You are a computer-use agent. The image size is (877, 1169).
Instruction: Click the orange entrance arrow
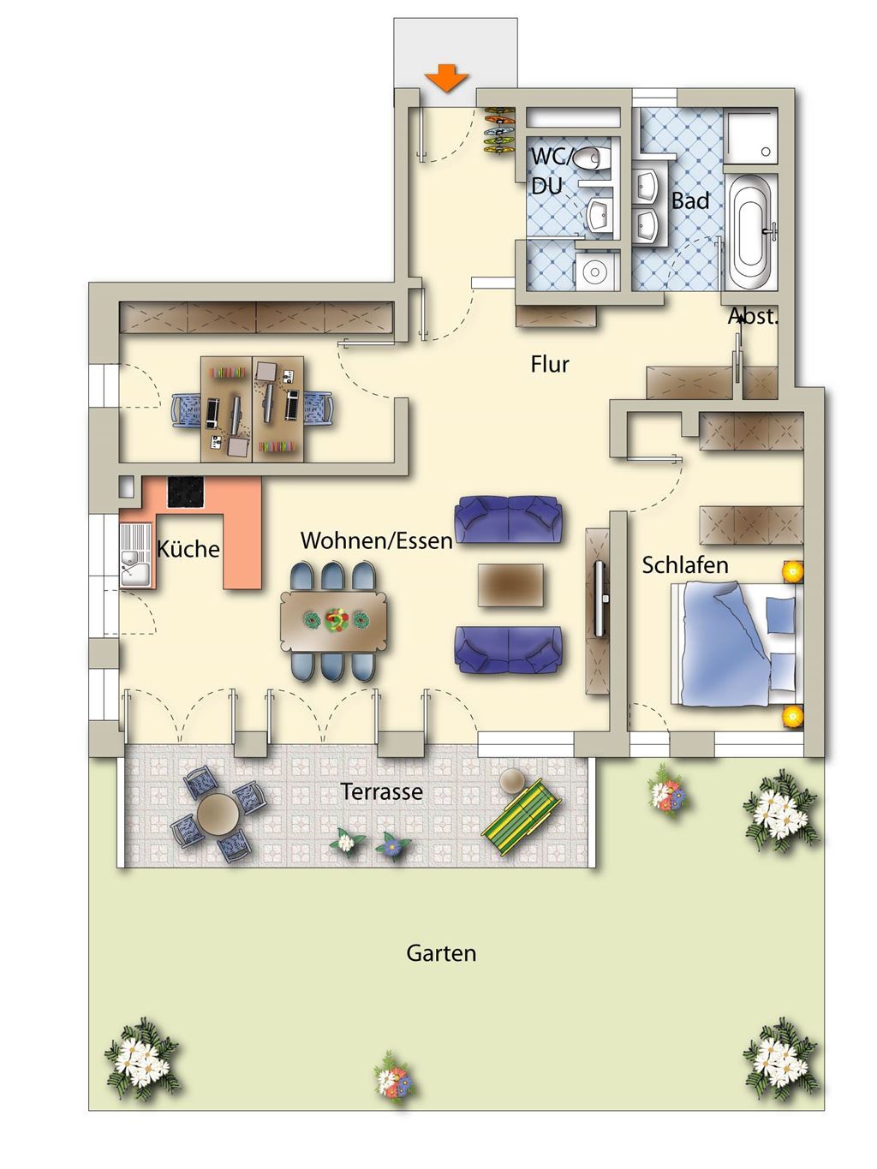point(446,78)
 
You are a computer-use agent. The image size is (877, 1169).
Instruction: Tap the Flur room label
point(550,364)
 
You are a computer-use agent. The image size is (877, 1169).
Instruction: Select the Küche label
point(188,549)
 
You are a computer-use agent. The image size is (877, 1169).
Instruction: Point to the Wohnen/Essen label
point(377,540)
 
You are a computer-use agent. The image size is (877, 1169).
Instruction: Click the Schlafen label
point(685,565)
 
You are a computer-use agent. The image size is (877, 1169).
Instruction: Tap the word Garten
point(441,953)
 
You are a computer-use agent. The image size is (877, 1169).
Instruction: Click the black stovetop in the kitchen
point(185,492)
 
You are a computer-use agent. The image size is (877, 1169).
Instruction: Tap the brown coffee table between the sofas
point(510,585)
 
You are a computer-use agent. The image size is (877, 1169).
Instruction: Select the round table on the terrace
point(218,814)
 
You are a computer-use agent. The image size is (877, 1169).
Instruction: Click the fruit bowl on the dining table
point(334,620)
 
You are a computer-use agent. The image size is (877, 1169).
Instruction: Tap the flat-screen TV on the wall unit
point(600,599)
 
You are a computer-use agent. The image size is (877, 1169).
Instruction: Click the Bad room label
point(690,200)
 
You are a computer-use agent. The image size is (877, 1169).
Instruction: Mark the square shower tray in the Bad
point(751,136)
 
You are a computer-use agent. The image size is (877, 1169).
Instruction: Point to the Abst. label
point(753,316)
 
